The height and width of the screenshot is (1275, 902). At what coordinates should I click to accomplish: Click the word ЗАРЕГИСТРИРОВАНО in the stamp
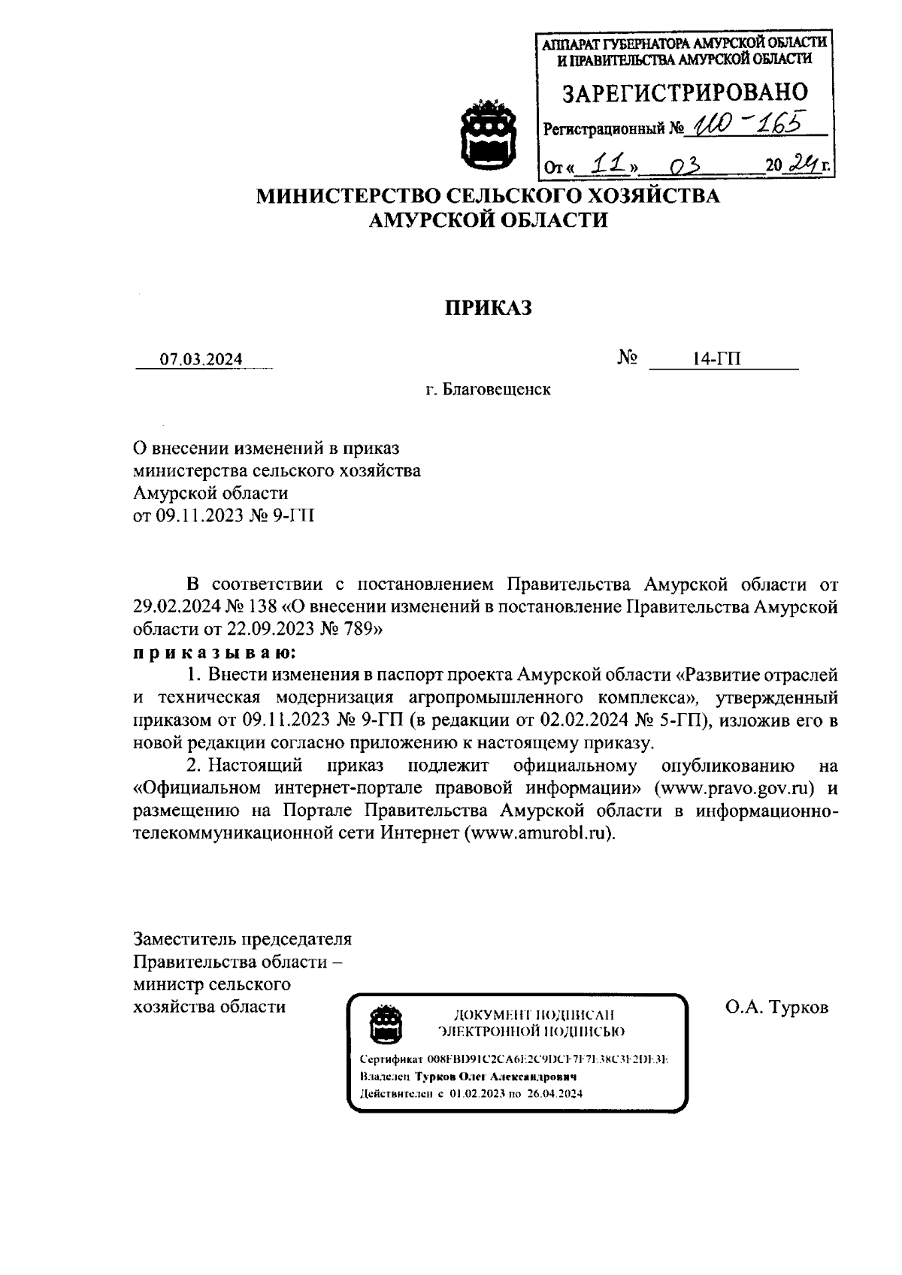click(685, 92)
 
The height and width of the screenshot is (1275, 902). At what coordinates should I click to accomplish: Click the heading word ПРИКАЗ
click(489, 308)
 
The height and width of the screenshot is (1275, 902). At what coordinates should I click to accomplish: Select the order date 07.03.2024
click(201, 359)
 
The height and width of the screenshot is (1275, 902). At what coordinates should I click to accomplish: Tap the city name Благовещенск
click(496, 390)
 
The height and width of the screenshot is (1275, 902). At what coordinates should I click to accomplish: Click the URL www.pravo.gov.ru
click(739, 788)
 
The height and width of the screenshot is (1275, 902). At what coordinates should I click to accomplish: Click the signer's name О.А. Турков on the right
click(776, 1007)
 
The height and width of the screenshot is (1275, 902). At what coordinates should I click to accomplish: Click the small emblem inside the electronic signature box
click(388, 1023)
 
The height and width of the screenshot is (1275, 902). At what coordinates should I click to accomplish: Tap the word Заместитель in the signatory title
click(184, 939)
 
